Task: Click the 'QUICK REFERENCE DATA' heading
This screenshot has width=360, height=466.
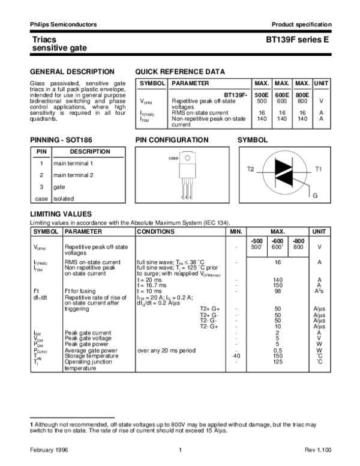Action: coord(181,71)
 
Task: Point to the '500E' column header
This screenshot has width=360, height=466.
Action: coord(262,95)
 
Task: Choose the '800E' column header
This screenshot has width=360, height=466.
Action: coord(302,95)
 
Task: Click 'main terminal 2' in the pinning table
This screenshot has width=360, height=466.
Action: coord(73,175)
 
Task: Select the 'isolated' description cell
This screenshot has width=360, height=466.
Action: coord(64,198)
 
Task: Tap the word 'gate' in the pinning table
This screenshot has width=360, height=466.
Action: coord(59,187)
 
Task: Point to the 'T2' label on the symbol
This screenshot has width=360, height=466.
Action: coord(251,170)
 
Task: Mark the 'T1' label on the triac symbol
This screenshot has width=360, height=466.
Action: coord(319,170)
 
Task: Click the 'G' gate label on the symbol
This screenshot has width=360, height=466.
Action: coord(314,196)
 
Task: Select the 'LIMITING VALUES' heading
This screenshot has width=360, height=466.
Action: coord(61,214)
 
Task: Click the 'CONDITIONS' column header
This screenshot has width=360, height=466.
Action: coord(156,231)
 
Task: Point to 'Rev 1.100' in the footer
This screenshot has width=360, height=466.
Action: coord(317,450)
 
